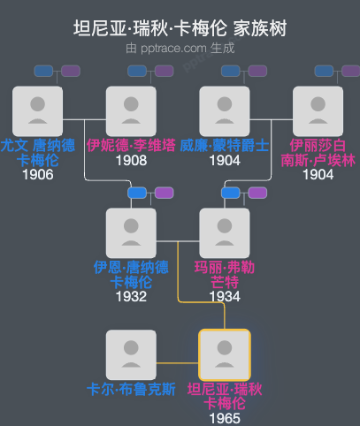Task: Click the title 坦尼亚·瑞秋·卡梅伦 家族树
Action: pos(180,28)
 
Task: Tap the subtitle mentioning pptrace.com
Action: pos(180,49)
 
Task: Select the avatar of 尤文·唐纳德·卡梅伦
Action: pos(38,110)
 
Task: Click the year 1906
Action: pos(38,174)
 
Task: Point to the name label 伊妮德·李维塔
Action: pos(131,145)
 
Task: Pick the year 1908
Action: pos(131,160)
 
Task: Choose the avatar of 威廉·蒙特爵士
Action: pos(225,110)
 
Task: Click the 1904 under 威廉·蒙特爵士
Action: pos(225,160)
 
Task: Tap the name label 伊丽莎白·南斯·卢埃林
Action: pos(318,152)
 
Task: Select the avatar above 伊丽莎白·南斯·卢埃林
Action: pos(318,110)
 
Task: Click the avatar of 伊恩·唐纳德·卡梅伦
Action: pos(131,232)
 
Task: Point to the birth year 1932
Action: pos(131,296)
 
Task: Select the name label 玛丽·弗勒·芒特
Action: pos(225,274)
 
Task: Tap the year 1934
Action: pos(225,296)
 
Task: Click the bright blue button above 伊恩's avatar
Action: pos(137,193)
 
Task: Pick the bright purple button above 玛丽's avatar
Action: pos(257,193)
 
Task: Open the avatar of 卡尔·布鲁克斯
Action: pos(131,354)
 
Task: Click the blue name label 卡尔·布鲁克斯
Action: pos(131,389)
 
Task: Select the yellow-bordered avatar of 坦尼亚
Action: pos(225,354)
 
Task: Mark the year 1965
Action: pos(225,418)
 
